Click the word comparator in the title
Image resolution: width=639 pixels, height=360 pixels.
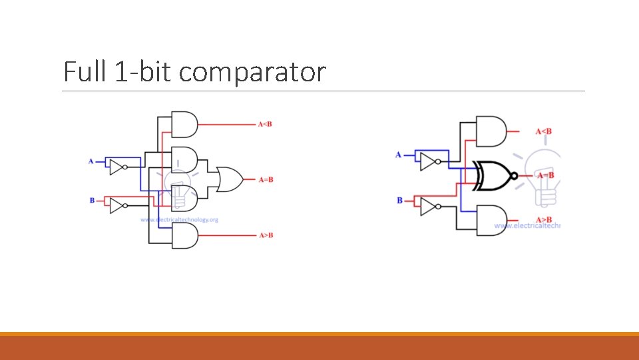[x=252, y=72]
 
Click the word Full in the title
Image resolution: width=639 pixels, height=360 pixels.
[x=83, y=71]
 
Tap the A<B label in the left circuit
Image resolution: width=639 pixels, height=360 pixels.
[x=266, y=124]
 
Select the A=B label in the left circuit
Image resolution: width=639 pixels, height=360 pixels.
[x=266, y=179]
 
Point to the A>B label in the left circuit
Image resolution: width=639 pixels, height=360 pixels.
[x=266, y=235]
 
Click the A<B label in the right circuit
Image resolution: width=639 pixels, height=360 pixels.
[x=544, y=131]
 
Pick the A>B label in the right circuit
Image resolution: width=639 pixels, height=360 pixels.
[x=544, y=220]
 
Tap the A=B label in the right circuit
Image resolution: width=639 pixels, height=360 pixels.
[x=546, y=175]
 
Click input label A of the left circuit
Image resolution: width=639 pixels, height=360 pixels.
[x=91, y=161]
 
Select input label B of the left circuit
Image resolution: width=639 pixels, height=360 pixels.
[x=92, y=199]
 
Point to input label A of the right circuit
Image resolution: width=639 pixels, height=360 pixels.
[x=399, y=155]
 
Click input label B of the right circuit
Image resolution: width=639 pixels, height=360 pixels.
[x=399, y=200]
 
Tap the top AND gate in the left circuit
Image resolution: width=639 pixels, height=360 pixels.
[x=184, y=123]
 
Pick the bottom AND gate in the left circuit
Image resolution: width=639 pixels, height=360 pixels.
[x=184, y=235]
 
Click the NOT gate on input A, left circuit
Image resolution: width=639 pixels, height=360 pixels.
[x=117, y=167]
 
